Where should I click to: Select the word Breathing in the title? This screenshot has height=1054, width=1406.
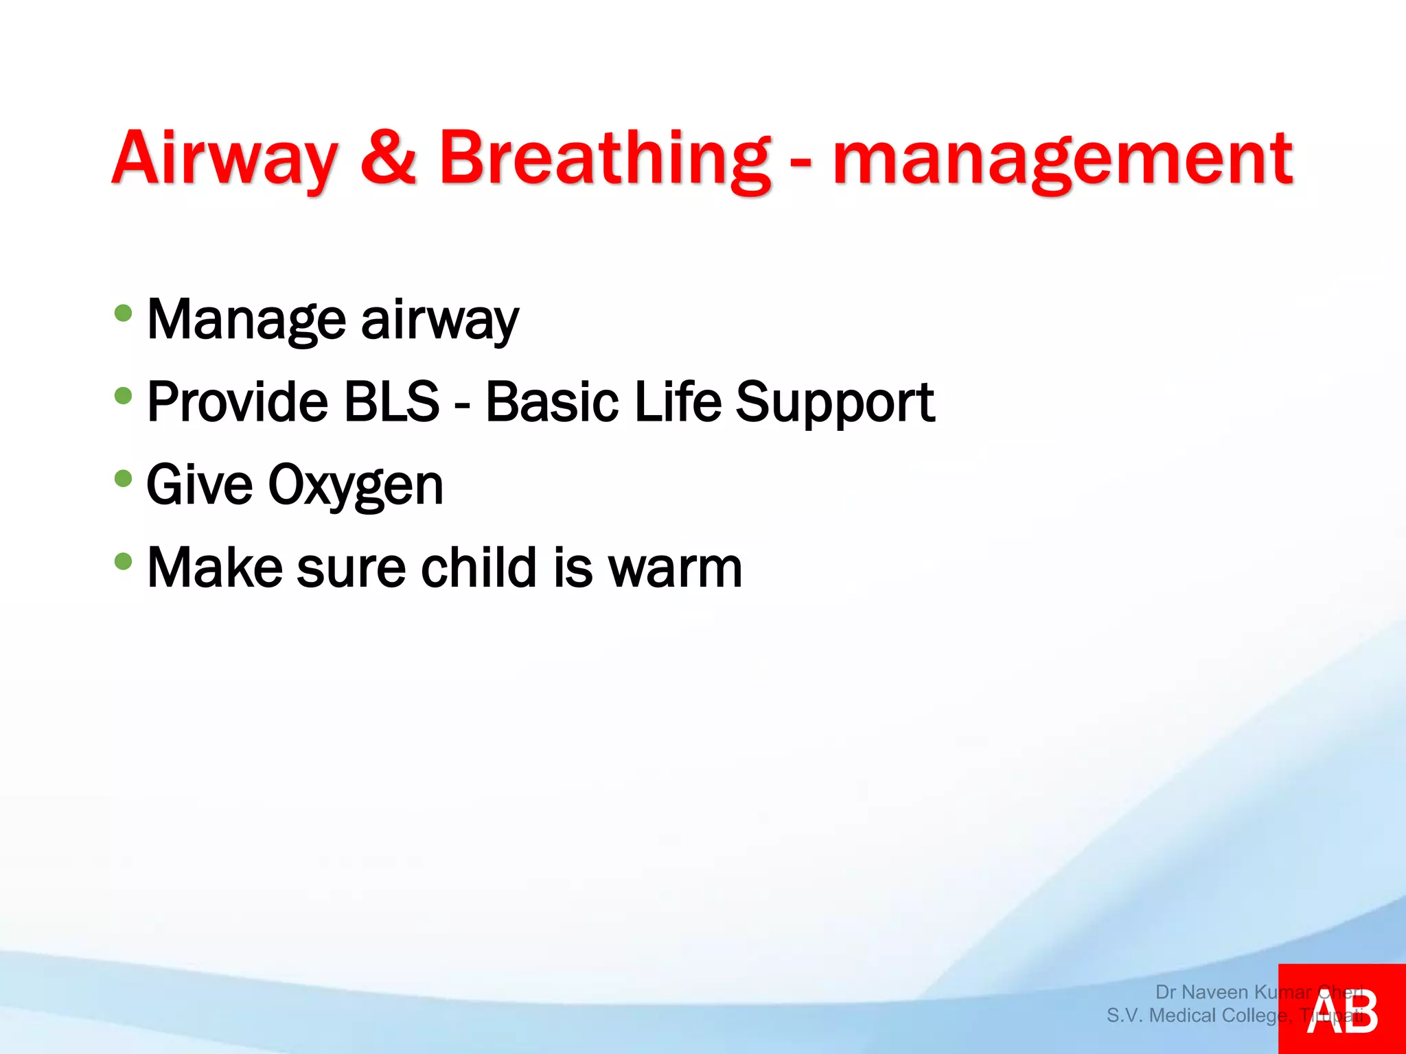pos(605,159)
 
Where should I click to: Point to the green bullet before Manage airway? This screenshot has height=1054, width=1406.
pos(124,314)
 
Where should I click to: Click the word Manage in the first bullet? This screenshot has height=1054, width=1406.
pos(246,320)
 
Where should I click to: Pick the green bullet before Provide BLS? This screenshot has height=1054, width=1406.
pos(124,396)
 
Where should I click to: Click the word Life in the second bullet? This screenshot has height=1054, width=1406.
pos(678,401)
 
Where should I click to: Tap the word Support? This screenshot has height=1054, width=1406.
pos(835,403)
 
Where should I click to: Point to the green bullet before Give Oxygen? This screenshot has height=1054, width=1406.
pos(124,478)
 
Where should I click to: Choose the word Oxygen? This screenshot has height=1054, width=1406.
pos(356,486)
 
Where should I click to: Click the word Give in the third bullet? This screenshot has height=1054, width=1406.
pos(200,484)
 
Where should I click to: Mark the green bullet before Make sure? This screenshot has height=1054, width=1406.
pos(124,562)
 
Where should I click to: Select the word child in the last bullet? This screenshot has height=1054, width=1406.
pos(479,567)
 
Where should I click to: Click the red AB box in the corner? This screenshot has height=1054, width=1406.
pos(1341,1009)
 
